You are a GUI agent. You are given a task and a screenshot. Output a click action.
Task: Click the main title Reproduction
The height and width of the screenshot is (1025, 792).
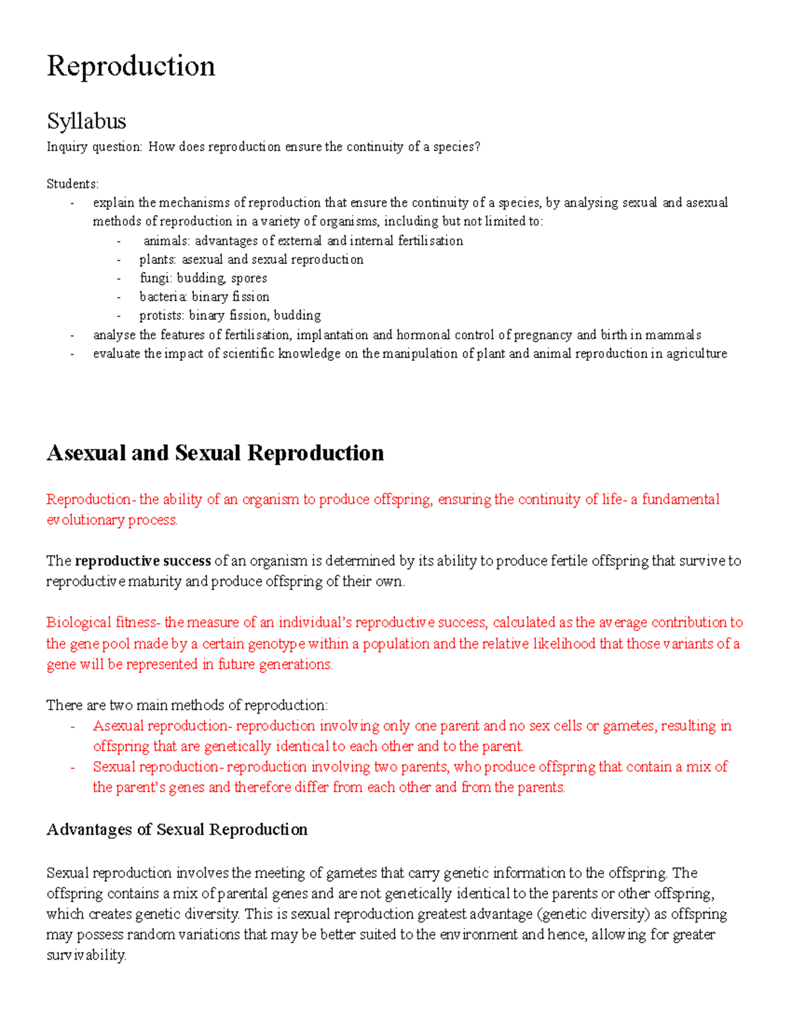(131, 67)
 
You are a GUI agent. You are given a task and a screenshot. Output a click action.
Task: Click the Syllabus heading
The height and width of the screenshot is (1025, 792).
(86, 121)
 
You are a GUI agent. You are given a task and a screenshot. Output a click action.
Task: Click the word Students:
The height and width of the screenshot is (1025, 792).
(72, 184)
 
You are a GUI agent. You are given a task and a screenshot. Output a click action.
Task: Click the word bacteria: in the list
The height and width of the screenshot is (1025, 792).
(163, 297)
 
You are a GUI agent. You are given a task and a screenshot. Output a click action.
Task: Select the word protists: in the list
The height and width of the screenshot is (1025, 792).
(162, 315)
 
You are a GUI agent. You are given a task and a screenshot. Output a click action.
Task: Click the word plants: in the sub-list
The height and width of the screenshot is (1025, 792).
(158, 260)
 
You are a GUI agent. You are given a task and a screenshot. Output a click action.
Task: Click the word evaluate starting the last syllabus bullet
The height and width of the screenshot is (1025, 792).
(117, 354)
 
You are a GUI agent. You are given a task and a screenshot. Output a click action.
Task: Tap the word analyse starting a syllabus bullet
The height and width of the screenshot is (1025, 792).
(114, 335)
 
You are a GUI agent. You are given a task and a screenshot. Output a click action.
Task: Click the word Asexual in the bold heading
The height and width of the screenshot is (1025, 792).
(86, 453)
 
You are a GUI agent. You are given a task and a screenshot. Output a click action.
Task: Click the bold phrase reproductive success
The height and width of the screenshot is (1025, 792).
(143, 561)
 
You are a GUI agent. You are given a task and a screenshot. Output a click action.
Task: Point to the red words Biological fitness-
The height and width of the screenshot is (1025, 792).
(103, 622)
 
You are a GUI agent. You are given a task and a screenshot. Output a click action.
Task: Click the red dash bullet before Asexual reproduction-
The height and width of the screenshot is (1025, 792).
(72, 727)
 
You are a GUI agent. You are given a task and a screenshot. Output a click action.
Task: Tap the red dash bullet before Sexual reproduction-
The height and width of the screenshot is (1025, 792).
(72, 768)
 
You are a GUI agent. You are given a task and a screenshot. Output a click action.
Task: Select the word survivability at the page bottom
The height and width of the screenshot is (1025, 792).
(86, 955)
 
